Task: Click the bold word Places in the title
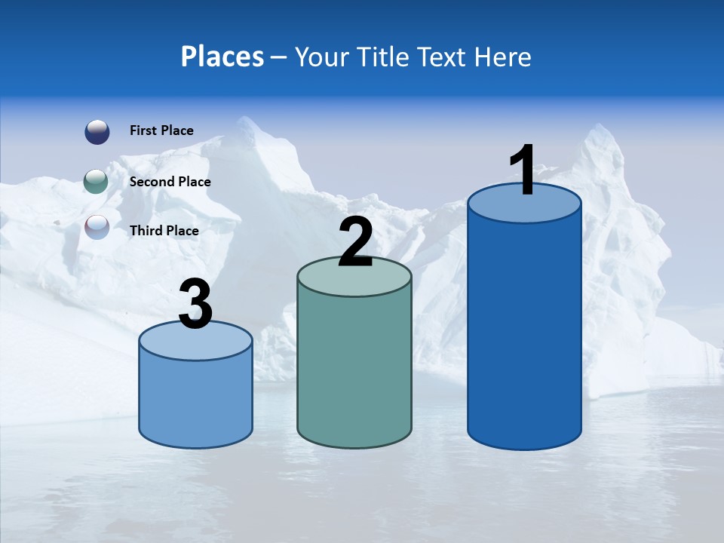pyautogui.click(x=222, y=57)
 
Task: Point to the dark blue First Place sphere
pyautogui.click(x=97, y=131)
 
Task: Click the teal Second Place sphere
pyautogui.click(x=97, y=182)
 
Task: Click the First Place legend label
pyautogui.click(x=161, y=130)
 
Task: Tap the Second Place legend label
pyautogui.click(x=170, y=182)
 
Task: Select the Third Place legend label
pyautogui.click(x=164, y=231)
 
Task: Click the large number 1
pyautogui.click(x=523, y=170)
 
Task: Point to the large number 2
pyautogui.click(x=355, y=242)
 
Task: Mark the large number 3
pyautogui.click(x=196, y=305)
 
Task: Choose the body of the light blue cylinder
pyautogui.click(x=196, y=400)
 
